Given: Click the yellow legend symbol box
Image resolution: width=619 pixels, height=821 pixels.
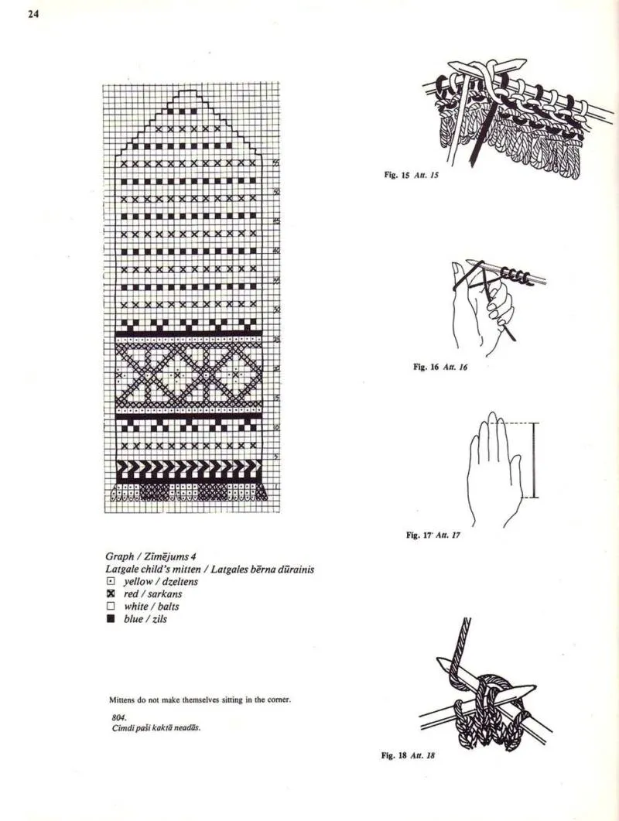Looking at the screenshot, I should (111, 581).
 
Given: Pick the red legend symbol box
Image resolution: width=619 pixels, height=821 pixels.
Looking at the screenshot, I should (111, 594).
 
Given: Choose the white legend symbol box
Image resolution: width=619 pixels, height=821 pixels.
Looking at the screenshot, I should (111, 607).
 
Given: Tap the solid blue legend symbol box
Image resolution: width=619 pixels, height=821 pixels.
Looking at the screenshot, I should (111, 620).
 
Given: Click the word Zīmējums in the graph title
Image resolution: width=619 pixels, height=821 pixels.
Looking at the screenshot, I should (169, 556).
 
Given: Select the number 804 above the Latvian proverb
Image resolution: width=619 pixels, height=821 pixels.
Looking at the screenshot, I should (118, 717).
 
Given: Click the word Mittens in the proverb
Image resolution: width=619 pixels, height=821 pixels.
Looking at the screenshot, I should (123, 700).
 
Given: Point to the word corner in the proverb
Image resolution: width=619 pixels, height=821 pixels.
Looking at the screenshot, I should (277, 700).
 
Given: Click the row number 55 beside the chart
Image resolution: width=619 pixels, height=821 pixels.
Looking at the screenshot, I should (276, 163).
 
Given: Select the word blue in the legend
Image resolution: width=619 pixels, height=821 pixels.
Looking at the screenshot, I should (133, 620).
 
